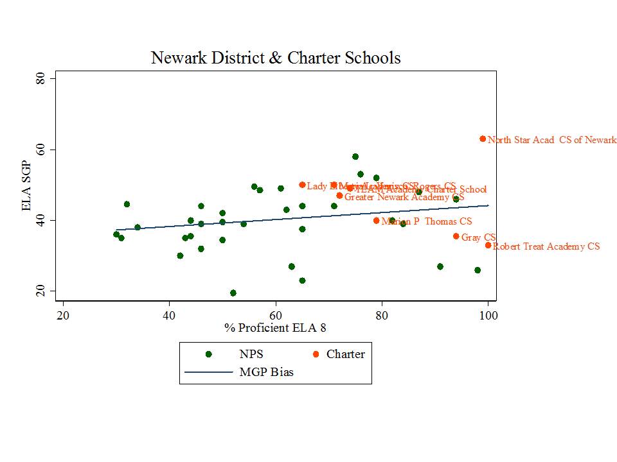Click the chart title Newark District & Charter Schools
tap(276, 58)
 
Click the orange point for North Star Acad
tap(483, 139)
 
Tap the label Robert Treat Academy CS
tap(546, 246)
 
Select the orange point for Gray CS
tap(456, 236)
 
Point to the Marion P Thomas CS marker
tap(377, 221)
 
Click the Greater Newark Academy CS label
tap(404, 197)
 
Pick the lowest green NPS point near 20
tap(233, 293)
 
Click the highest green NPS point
tap(355, 157)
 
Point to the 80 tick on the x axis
tap(382, 315)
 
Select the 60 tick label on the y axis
tap(39, 150)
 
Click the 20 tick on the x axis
tap(63, 315)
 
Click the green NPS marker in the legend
tap(208, 354)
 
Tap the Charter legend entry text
tap(345, 354)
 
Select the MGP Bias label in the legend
tap(266, 372)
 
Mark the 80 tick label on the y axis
tap(39, 78)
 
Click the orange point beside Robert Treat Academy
tap(488, 245)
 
